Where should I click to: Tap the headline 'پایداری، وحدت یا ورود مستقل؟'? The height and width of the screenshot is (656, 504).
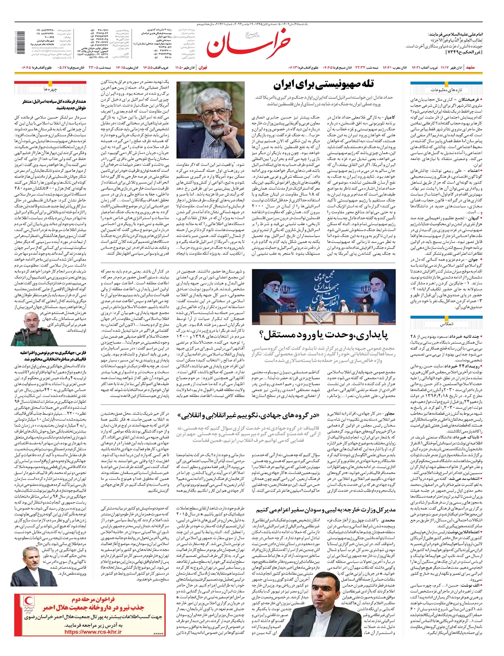323,335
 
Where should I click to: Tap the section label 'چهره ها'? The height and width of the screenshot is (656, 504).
50,90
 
